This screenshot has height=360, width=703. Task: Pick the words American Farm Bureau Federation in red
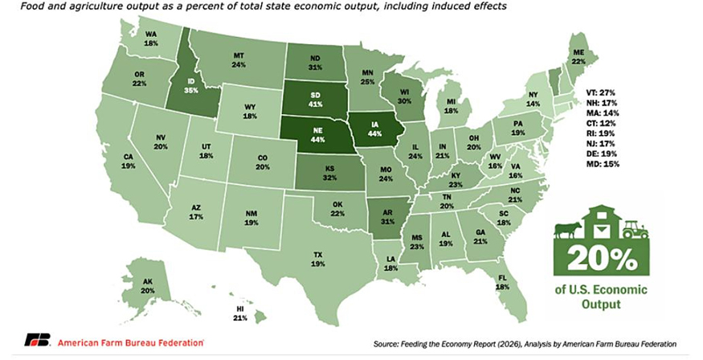pos(129,342)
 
